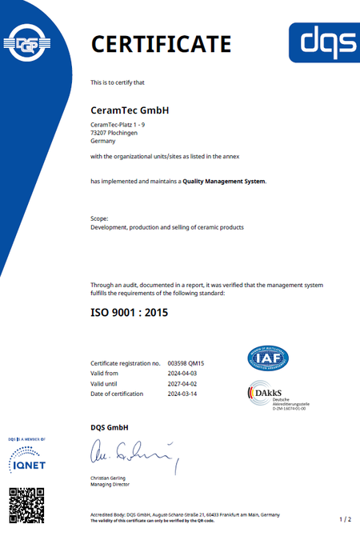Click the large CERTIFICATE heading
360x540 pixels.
(161, 43)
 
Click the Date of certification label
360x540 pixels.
(117, 394)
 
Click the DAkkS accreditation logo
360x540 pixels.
(272, 394)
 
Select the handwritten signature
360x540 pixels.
(132, 455)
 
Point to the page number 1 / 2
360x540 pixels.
(345, 519)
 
